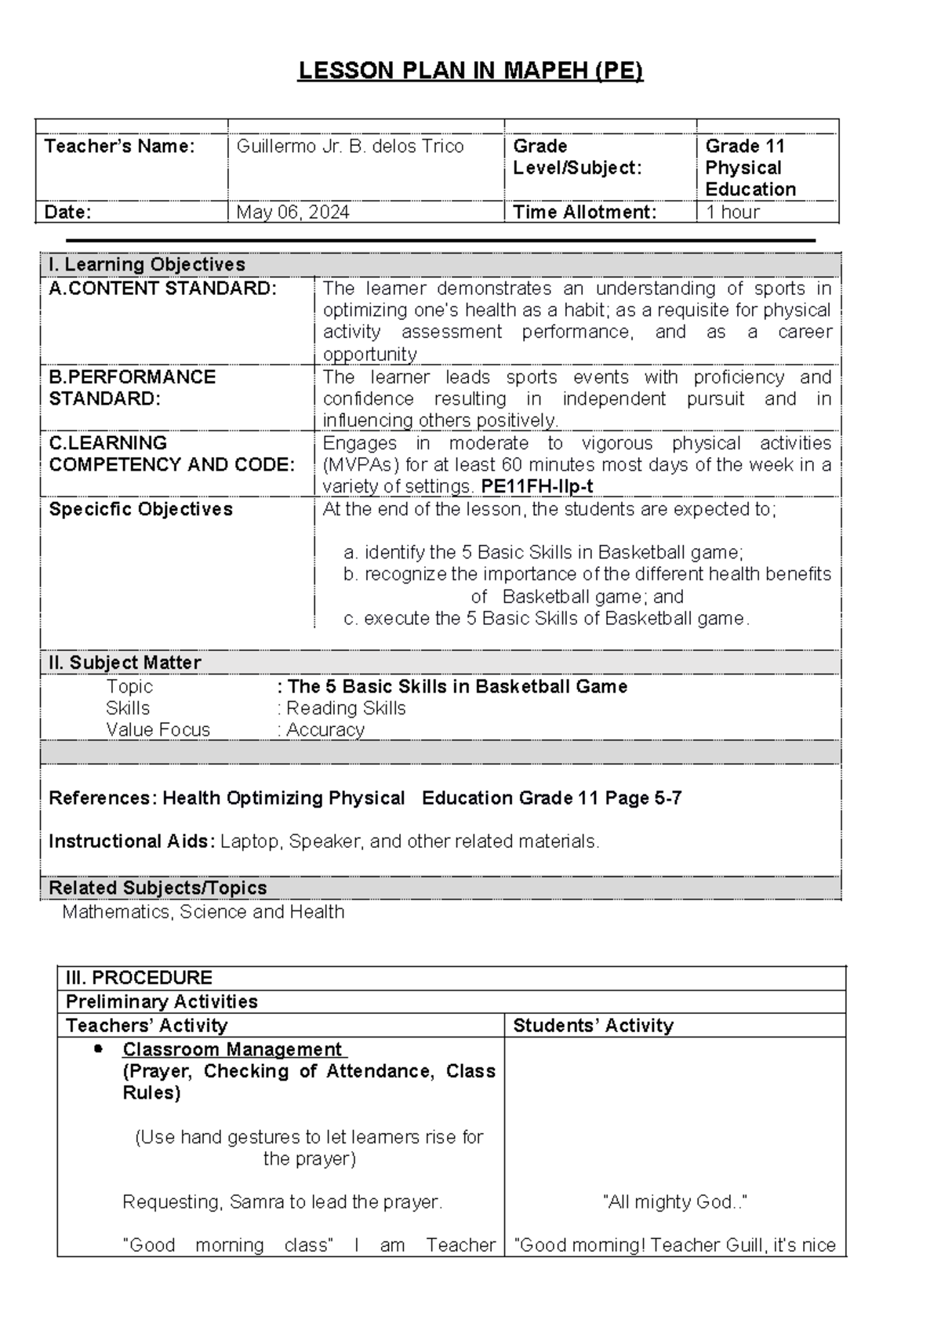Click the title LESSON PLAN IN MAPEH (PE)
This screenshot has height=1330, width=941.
pyautogui.click(x=470, y=71)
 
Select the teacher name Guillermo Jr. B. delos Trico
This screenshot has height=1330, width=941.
pyautogui.click(x=350, y=147)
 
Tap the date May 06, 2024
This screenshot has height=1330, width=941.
pyautogui.click(x=292, y=212)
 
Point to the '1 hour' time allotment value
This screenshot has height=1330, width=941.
pyautogui.click(x=732, y=212)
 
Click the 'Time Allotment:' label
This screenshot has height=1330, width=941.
pyautogui.click(x=584, y=212)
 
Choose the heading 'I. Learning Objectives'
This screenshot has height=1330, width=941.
pyautogui.click(x=147, y=265)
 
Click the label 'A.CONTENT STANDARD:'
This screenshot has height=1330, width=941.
pyautogui.click(x=162, y=289)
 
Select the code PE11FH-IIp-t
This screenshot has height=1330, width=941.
pyautogui.click(x=537, y=486)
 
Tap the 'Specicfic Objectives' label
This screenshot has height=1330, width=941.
pyautogui.click(x=140, y=510)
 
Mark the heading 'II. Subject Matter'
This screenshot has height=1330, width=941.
pyautogui.click(x=125, y=663)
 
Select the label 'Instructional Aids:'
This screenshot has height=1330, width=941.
pyautogui.click(x=131, y=841)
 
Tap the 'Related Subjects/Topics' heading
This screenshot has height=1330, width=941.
pyautogui.click(x=158, y=888)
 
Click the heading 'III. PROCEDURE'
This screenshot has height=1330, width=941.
pyautogui.click(x=139, y=978)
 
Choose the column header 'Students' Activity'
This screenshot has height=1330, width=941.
pyautogui.click(x=593, y=1026)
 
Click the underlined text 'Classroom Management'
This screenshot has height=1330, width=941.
pyautogui.click(x=232, y=1049)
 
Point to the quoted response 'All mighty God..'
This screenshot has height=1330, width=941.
pyautogui.click(x=674, y=1202)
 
